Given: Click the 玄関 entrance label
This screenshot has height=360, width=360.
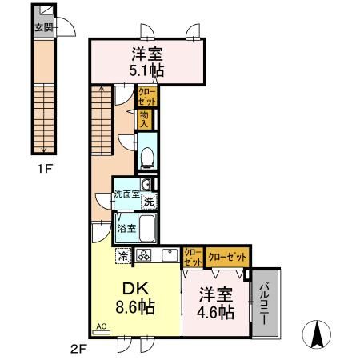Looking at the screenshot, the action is point(44,27).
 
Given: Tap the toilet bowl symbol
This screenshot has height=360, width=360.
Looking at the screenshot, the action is point(147,158).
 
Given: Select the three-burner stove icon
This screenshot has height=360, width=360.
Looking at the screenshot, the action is point(144,255).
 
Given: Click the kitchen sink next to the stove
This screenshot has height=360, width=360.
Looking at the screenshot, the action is point(170,255).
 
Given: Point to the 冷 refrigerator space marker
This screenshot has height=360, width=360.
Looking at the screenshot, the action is point(123,255).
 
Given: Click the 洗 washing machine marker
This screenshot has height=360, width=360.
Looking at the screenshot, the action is point(150,201).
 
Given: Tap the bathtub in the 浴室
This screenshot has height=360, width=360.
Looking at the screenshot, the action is point(147,228).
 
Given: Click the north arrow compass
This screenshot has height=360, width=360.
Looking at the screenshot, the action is point(317,334).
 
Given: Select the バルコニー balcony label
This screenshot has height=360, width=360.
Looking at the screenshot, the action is point(264,303).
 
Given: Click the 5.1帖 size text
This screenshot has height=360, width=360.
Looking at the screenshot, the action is point(146,70).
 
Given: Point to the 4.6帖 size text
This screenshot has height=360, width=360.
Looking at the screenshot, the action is point(215,312).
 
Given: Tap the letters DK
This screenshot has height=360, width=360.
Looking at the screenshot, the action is point(135,290).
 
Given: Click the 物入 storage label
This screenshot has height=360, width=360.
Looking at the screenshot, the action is point(144,119).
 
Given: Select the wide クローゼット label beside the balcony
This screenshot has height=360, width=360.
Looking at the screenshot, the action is point(227,257).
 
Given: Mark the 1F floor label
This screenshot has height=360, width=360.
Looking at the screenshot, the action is point(44,169).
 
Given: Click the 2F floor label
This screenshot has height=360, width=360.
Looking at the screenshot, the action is point(78,349).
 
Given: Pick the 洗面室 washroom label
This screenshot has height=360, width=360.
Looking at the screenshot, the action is point(126,194).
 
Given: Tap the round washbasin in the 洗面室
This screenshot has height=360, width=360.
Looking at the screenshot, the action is point(145,184).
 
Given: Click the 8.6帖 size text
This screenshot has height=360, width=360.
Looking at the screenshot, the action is point(135,306).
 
